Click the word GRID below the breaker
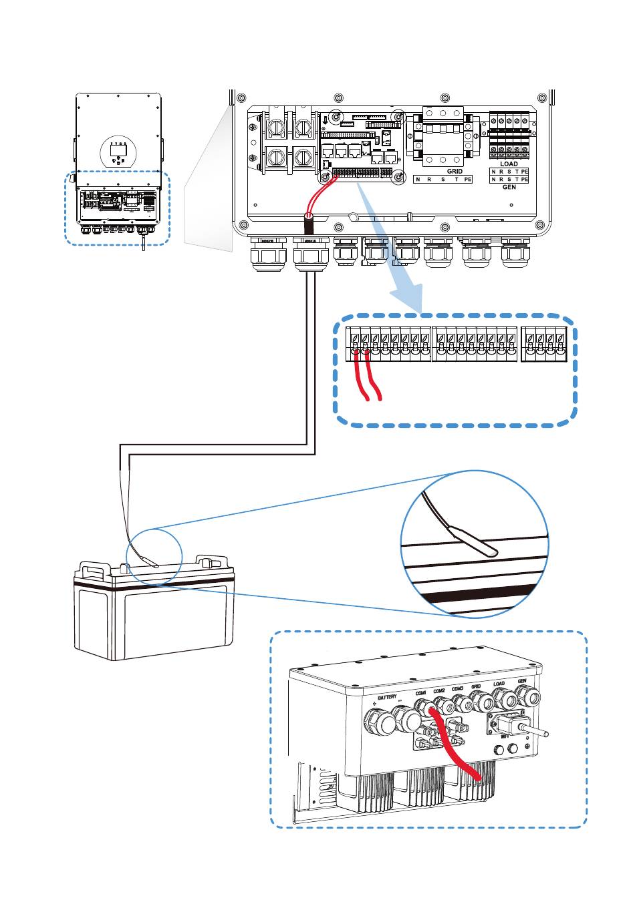(x=455, y=172)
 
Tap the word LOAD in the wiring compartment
(x=509, y=164)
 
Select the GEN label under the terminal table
(x=509, y=188)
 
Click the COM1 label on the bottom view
(x=420, y=693)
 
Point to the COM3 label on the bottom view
(x=457, y=688)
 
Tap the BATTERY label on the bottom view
(x=387, y=698)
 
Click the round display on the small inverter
(x=118, y=153)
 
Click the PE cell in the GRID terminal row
(x=468, y=180)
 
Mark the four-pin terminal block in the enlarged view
(x=544, y=344)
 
